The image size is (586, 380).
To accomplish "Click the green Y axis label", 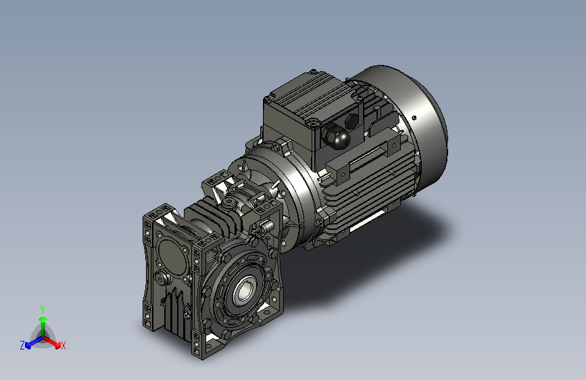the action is click(x=43, y=309).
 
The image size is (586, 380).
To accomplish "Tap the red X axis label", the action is click(x=63, y=346).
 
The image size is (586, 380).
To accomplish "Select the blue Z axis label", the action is click(x=22, y=346).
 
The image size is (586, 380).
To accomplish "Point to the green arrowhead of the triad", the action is click(x=43, y=319).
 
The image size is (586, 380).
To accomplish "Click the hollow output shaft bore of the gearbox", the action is click(x=242, y=289).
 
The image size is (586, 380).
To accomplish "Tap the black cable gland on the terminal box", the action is click(x=337, y=137).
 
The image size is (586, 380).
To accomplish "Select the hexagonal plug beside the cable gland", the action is click(x=351, y=120).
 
